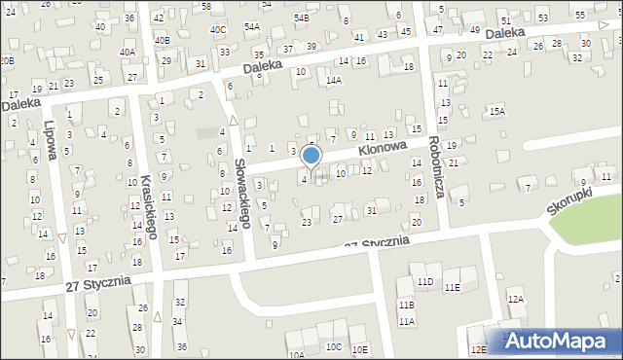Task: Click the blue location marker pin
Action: click(x=311, y=157)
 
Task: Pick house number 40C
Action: click(x=217, y=30)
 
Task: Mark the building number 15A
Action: click(x=497, y=112)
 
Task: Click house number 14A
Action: click(x=334, y=81)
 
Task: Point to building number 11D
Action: click(x=425, y=282)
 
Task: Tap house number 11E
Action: click(x=452, y=288)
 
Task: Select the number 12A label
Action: click(x=515, y=300)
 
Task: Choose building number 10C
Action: click(x=334, y=347)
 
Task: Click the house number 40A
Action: click(x=127, y=53)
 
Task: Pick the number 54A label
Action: click(x=252, y=27)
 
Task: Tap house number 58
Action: click(x=205, y=7)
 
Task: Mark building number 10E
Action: click(x=360, y=349)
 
